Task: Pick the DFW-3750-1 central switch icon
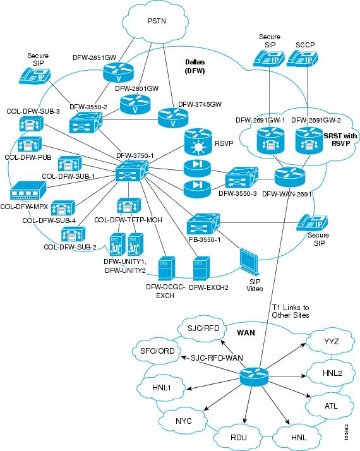point(131,172)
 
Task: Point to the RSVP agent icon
point(196,143)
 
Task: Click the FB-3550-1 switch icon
point(203,225)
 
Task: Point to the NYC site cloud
point(184,419)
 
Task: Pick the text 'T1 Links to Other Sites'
point(290,311)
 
